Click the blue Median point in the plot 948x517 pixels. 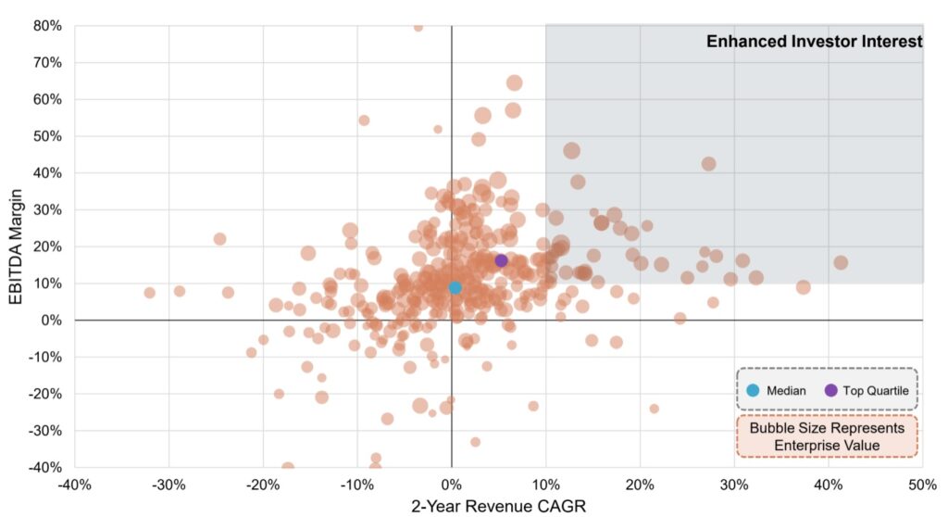tap(455, 287)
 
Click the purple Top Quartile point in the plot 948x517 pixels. tap(501, 260)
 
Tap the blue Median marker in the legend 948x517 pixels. tap(753, 390)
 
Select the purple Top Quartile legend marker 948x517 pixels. tap(830, 390)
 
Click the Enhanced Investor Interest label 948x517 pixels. tap(814, 42)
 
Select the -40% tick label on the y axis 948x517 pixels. tap(43, 467)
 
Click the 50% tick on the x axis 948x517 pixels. tap(922, 485)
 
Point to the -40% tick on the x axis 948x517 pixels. tap(74, 485)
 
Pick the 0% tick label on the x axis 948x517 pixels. tap(451, 485)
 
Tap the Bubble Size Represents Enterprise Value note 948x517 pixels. tap(827, 437)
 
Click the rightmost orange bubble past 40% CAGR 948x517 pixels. tap(841, 262)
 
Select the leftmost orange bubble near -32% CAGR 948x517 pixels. tap(149, 293)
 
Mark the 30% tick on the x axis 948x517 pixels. tap(734, 485)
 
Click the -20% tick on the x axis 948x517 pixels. tap(263, 485)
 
